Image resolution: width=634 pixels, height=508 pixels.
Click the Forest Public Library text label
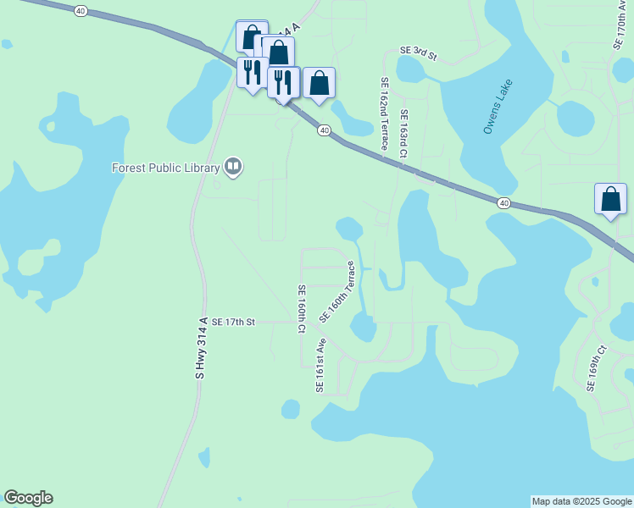tap(165, 168)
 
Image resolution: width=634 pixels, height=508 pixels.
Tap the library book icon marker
tap(233, 168)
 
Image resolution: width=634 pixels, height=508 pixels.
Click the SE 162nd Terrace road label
tap(384, 109)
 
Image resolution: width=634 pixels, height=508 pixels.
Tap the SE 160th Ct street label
tap(301, 308)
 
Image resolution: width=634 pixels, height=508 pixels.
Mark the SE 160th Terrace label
tap(336, 291)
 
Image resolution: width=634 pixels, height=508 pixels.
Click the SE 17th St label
tap(233, 322)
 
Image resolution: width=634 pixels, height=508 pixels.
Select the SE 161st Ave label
tap(320, 365)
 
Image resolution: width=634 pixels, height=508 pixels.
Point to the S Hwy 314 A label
tap(201, 348)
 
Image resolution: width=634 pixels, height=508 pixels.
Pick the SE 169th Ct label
tap(597, 367)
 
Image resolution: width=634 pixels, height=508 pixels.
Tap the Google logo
tap(28, 498)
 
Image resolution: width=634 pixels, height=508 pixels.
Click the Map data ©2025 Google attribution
tap(581, 501)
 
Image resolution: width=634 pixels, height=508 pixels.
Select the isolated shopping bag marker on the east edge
tap(610, 201)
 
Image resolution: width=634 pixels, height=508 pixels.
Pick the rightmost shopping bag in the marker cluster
tap(319, 84)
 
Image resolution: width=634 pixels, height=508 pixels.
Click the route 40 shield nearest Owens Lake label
tap(503, 203)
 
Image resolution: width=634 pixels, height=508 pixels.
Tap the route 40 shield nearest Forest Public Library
tap(324, 130)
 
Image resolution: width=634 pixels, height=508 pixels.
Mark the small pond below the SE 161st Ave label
tap(291, 410)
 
